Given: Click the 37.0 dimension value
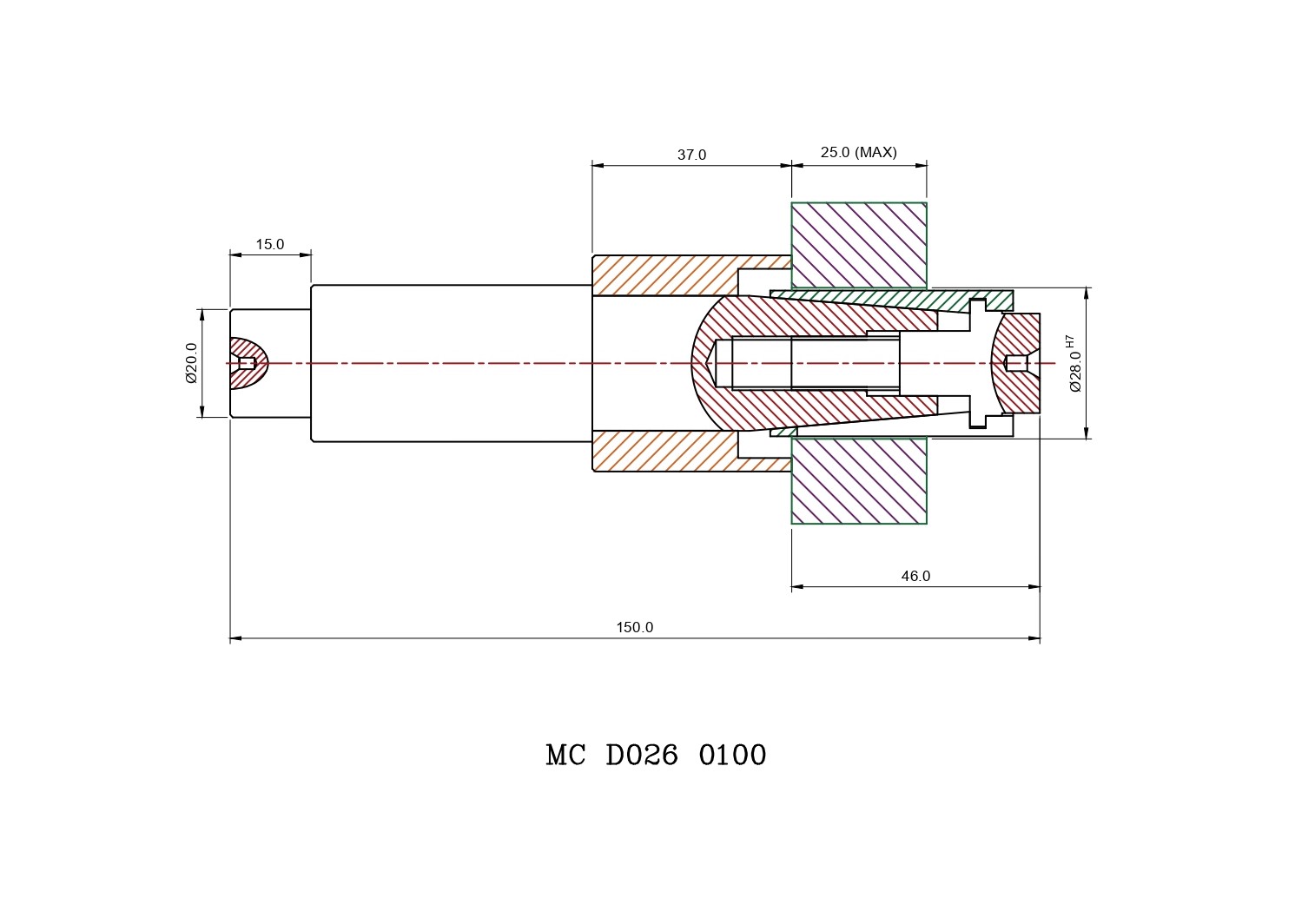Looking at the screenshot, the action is (691, 155).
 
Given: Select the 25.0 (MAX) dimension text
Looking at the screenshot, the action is (858, 152).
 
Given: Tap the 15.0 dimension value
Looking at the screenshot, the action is (270, 244).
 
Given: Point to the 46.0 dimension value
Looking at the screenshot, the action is (915, 576).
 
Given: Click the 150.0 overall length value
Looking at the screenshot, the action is (635, 627).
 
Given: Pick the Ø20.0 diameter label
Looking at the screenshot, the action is (191, 363).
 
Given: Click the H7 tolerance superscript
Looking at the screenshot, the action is (1069, 341).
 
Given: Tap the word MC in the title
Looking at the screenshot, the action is (565, 755).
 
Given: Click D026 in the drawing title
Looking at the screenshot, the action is (642, 755).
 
